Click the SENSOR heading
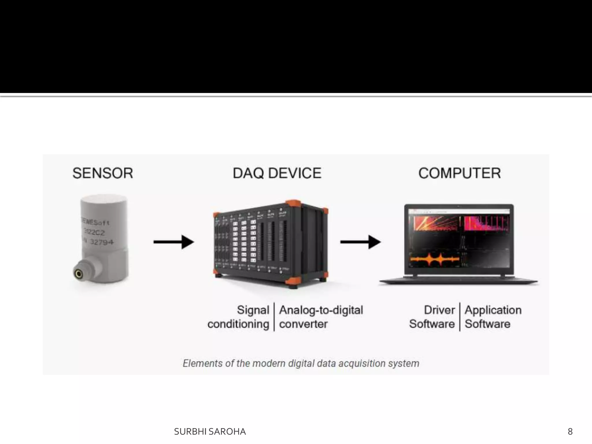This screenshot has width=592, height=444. point(103,173)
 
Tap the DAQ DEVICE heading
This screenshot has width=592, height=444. point(277,173)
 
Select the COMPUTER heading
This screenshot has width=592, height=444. point(459,173)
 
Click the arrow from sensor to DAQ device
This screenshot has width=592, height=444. point(173,242)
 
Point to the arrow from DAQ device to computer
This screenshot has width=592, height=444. point(360,242)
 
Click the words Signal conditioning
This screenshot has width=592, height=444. point(239,317)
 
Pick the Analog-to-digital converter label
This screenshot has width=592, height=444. point(321,317)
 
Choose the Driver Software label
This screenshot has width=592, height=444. point(432,317)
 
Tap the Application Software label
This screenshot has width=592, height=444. point(493,317)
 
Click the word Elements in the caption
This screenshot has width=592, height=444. point(203,363)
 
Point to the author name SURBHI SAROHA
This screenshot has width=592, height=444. point(210,432)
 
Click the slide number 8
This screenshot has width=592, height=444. point(570,432)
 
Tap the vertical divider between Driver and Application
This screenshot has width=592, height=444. point(460,317)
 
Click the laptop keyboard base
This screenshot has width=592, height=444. point(458,281)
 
